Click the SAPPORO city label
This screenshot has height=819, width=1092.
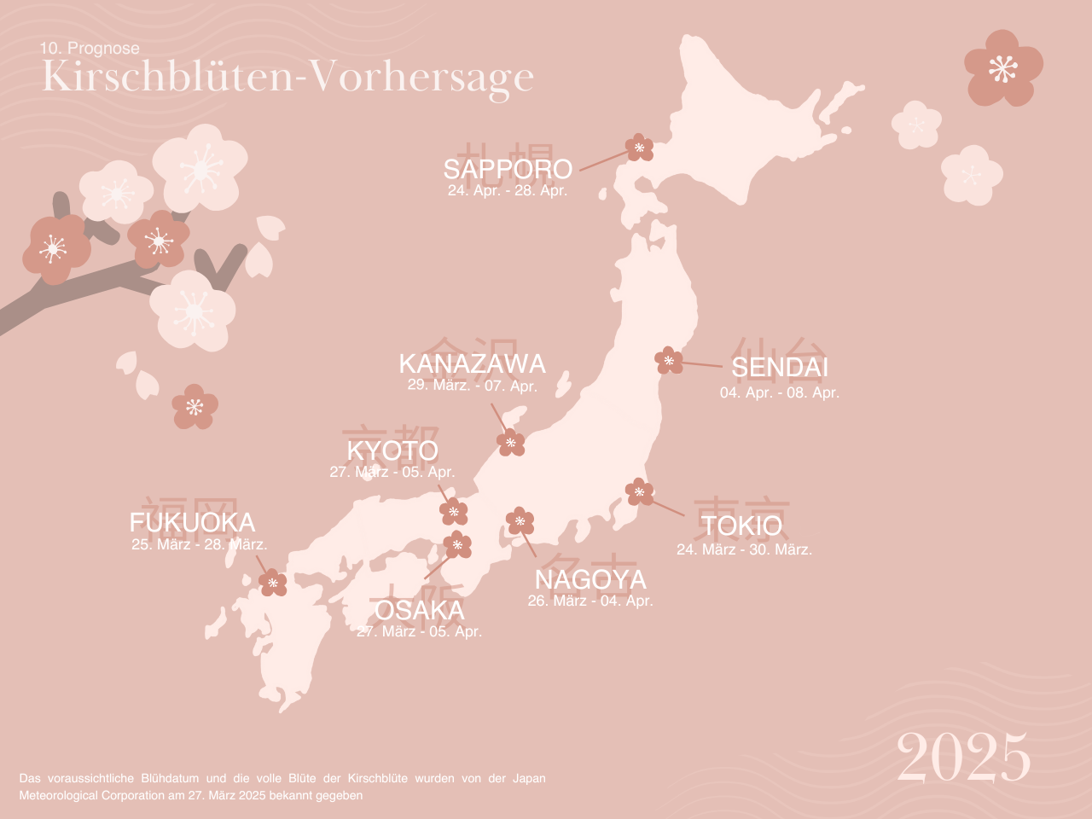click(x=508, y=169)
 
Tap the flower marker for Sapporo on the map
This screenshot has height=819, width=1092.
click(x=639, y=148)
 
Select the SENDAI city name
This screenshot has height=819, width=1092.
click(x=780, y=367)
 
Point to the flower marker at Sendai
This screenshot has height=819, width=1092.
click(x=669, y=360)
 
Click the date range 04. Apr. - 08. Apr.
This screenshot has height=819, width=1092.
click(x=780, y=392)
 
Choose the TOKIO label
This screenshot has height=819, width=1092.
click(x=741, y=526)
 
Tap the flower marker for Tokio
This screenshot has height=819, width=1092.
click(x=639, y=491)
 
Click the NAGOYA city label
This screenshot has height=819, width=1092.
click(x=590, y=579)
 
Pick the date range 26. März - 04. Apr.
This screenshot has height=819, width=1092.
click(x=590, y=601)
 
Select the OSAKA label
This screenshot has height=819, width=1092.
click(x=420, y=610)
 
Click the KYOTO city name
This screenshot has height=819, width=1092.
click(x=392, y=450)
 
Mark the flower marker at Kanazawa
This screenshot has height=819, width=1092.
click(x=511, y=443)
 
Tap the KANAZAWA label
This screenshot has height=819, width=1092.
click(x=473, y=363)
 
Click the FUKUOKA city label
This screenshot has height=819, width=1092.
click(x=193, y=522)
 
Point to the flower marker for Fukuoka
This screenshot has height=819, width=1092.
click(x=273, y=583)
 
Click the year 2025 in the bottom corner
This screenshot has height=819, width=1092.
click(x=963, y=758)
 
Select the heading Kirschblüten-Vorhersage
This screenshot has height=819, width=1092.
click(x=288, y=77)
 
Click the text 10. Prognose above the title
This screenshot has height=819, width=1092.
click(x=90, y=49)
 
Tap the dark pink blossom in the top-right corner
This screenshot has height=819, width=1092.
click(x=1003, y=68)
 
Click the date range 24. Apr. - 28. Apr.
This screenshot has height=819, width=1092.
click(x=508, y=190)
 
